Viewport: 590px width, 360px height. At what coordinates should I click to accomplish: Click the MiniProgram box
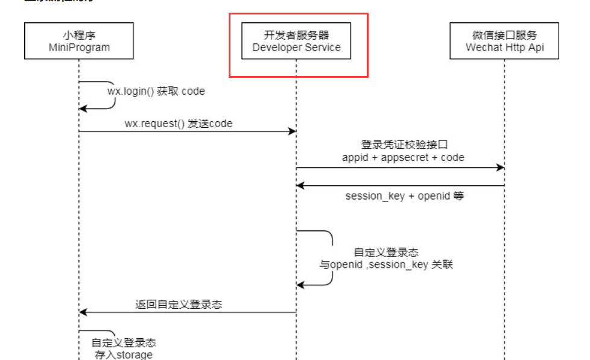[x=78, y=41]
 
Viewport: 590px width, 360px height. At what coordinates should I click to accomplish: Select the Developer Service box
[x=296, y=41]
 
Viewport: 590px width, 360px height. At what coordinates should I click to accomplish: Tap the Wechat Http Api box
[x=504, y=41]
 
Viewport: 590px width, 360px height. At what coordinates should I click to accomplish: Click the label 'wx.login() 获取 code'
[x=156, y=92]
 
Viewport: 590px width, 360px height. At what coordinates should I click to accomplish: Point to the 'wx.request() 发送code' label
[x=179, y=123]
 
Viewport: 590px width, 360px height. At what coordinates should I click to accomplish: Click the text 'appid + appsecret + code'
[x=403, y=157]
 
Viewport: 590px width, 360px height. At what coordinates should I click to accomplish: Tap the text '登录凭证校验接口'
[x=403, y=145]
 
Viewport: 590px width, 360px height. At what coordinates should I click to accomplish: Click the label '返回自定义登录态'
[x=179, y=304]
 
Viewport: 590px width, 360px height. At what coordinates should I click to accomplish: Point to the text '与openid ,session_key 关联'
[x=386, y=264]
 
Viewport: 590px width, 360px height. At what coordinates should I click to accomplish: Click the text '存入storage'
[x=124, y=355]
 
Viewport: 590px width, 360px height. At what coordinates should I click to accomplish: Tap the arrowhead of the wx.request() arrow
[x=292, y=131]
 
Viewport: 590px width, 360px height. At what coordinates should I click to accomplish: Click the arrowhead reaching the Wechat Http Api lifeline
[x=500, y=168]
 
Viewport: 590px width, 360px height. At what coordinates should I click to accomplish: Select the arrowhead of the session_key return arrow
[x=300, y=186]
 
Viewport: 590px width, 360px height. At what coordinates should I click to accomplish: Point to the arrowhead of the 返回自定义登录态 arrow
[x=83, y=312]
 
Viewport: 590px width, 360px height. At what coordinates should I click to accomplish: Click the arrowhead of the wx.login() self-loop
[x=83, y=109]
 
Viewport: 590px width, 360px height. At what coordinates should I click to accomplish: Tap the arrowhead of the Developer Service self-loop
[x=300, y=283]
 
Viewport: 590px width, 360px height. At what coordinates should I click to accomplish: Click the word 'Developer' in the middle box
[x=274, y=48]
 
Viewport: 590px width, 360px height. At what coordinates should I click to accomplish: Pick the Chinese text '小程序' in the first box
[x=79, y=35]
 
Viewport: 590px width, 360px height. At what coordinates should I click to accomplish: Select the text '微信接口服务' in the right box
[x=504, y=35]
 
